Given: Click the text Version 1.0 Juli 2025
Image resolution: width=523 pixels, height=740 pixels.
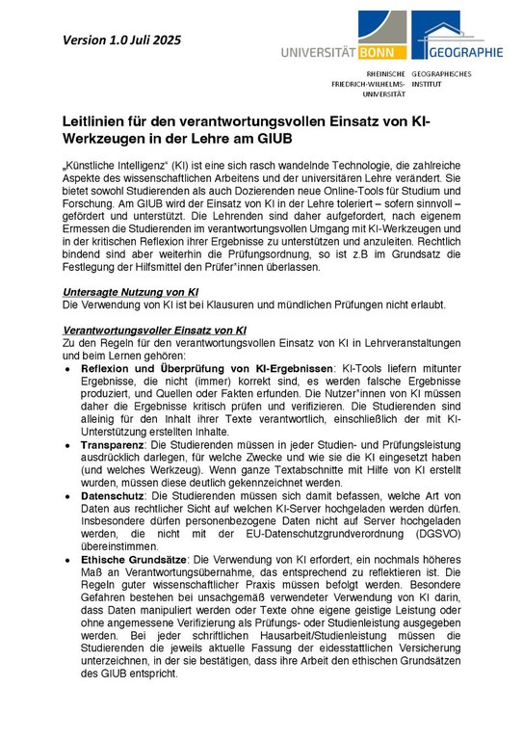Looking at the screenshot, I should coord(121,40).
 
